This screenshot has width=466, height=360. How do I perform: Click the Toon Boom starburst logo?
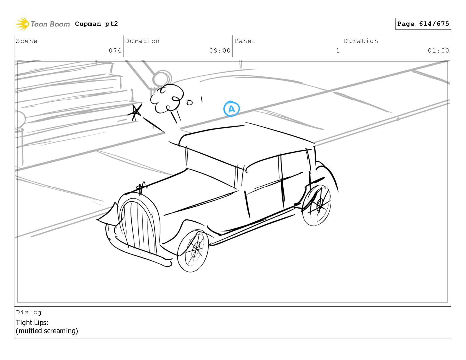coord(22,24)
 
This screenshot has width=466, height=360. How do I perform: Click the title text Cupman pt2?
coord(96,24)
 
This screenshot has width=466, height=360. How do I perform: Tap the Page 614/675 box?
coord(423,24)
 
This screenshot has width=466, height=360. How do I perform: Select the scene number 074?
coord(115,51)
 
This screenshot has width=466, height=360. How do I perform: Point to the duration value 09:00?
coord(220,51)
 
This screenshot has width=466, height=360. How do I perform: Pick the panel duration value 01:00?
coord(438,51)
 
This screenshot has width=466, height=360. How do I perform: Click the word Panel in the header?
coord(245,41)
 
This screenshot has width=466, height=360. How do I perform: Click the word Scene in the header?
coord(27,41)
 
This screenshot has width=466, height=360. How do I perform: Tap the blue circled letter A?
coord(231,109)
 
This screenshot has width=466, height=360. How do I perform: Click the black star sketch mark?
coord(135,112)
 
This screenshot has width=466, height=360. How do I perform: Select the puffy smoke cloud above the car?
coord(167,99)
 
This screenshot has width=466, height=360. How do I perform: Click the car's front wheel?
coord(193,251)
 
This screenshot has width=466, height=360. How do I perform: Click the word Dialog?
coord(29,312)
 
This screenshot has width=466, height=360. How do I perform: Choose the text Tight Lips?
coord(32,322)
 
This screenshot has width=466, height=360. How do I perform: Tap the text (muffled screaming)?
coord(47,331)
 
